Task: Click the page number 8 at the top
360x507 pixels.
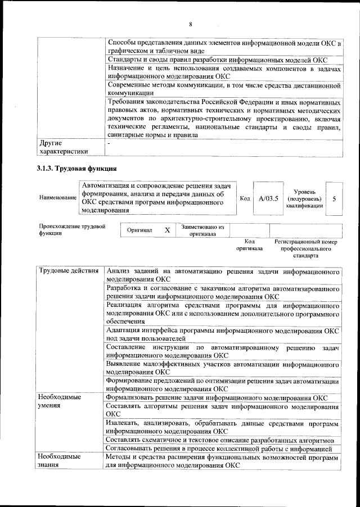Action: (191, 24)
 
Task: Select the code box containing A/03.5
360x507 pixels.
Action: (268, 198)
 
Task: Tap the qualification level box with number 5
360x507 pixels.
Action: (334, 198)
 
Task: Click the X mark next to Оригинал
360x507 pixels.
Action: (167, 230)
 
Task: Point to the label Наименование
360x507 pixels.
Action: (58, 198)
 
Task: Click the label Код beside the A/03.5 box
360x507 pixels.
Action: (245, 198)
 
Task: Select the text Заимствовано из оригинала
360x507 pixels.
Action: (202, 230)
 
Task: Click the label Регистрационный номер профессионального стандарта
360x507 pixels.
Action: (305, 248)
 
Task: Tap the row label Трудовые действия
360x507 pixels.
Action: (69, 271)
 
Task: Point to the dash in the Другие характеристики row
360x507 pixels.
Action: (110, 143)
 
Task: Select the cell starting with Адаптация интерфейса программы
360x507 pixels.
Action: (223, 334)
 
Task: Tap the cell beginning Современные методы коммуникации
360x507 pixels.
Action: (223, 89)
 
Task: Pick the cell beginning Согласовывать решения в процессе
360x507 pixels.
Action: (223, 448)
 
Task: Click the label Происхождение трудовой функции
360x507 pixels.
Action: (72, 230)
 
